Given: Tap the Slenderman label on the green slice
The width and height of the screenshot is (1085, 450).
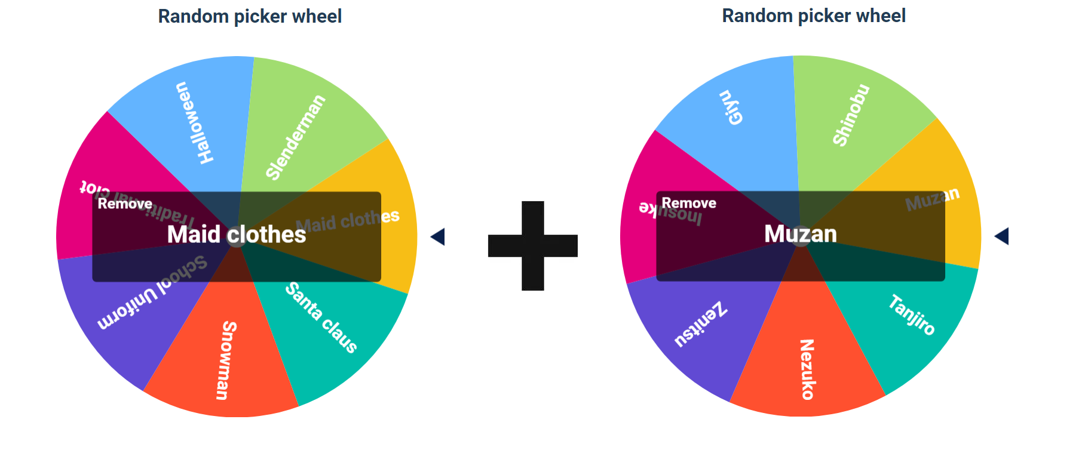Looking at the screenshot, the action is coord(295,137).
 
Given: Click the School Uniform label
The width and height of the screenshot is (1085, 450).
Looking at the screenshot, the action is coord(153,292).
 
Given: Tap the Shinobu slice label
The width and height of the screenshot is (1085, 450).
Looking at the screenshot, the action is coord(851,115).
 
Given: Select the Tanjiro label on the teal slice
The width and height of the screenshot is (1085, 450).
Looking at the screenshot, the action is coord(911,315).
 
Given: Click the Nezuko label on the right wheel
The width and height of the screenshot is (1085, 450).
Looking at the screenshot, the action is coord(807,369).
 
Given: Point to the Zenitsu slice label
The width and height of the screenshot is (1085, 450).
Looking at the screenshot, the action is coord(700,325).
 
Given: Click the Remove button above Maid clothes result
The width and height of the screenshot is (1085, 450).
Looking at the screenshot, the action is coord(125,204).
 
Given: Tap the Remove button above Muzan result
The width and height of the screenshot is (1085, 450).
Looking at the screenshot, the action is coord(689,204).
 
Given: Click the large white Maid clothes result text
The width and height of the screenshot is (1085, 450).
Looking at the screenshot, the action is coord(237,235).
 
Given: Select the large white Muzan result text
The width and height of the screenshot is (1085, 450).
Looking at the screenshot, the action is coord(801,234).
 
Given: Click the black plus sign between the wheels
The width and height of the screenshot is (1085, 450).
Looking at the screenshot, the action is coord(533,246).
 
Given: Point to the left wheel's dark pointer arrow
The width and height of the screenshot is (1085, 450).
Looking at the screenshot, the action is coord(438,237).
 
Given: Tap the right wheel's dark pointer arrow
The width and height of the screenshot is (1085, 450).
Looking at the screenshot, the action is coord(1002,236).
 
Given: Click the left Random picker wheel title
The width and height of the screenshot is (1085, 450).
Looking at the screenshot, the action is coord(250,16).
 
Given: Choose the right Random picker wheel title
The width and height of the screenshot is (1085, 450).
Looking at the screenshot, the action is coord(814,16).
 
